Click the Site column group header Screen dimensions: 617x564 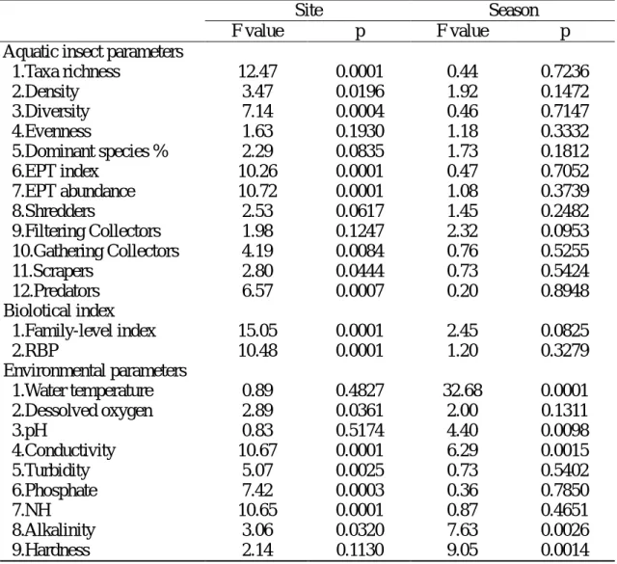point(308,10)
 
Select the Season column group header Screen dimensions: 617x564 point(514,10)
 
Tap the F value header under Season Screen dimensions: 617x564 point(463,31)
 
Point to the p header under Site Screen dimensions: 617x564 point(360,32)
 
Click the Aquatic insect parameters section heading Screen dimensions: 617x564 point(94,52)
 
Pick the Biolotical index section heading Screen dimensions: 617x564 point(59,311)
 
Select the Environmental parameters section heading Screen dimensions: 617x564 point(95,371)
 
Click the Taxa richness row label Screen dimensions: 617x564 point(67,71)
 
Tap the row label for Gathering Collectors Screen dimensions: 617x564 point(95,251)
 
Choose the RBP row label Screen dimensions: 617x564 point(35,351)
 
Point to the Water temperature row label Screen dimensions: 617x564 point(83,390)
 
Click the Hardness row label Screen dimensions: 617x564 point(51,550)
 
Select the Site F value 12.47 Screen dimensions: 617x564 point(257,71)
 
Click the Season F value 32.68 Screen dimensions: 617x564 point(463,390)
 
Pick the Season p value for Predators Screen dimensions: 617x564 point(565,291)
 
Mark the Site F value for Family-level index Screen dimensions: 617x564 point(257,331)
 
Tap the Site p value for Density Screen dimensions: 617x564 point(360,92)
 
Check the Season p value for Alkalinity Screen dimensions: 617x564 point(565,529)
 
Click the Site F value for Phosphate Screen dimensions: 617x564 point(257,490)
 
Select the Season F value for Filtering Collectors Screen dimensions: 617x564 point(463,231)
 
